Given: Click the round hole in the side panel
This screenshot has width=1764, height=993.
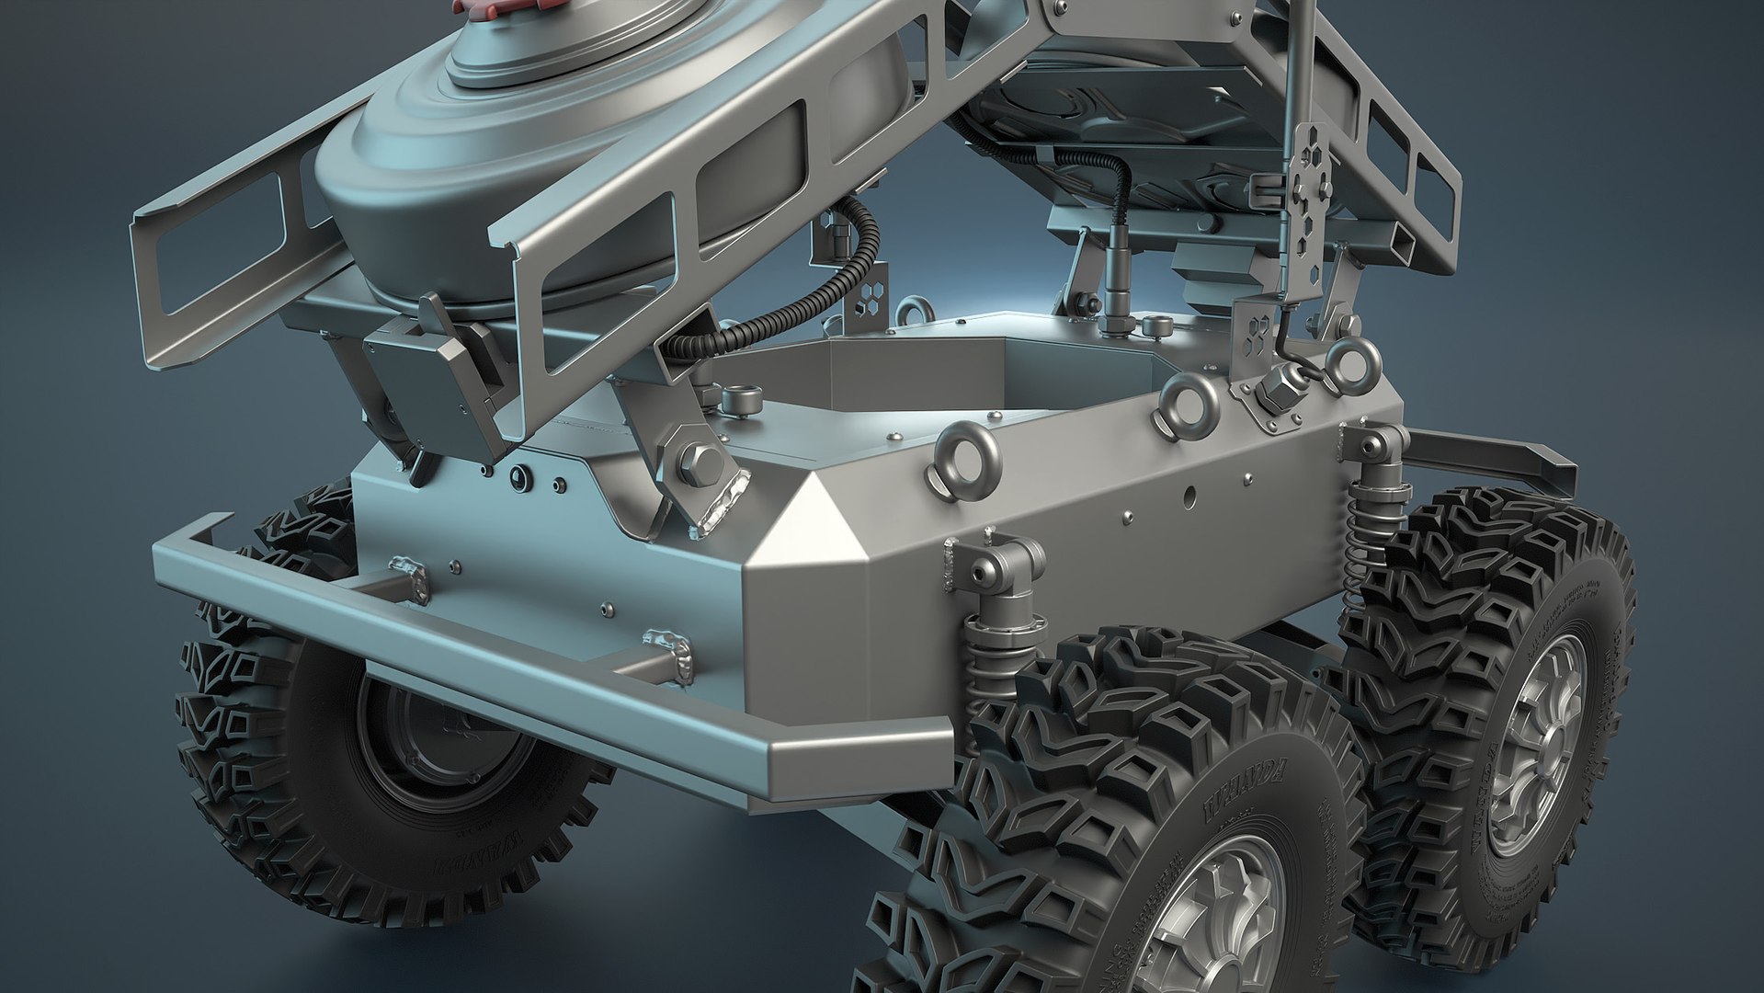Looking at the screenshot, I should click(x=1190, y=497).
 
